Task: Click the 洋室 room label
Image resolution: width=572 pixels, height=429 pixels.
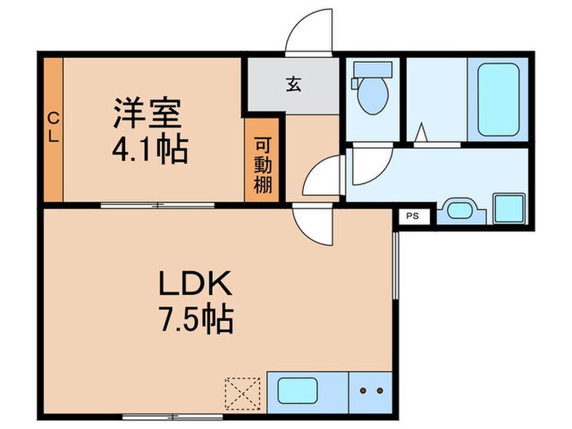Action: coord(147,113)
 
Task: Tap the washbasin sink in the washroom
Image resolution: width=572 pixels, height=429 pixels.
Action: coord(458,212)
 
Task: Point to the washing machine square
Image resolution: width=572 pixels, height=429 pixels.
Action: coord(508,208)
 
